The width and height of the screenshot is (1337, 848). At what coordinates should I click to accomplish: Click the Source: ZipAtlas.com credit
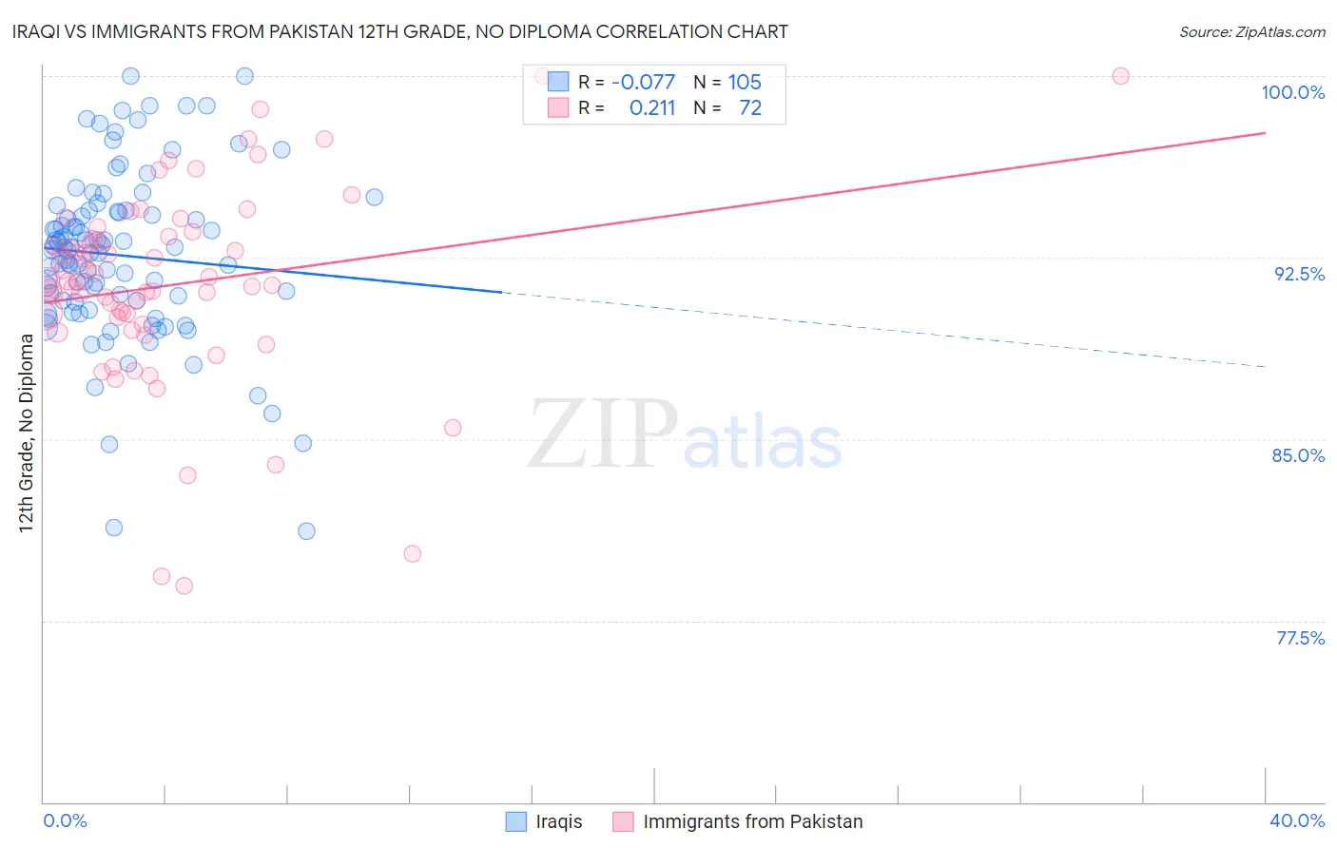(x=1251, y=31)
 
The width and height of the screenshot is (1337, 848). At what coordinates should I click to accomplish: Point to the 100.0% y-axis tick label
(x=1292, y=92)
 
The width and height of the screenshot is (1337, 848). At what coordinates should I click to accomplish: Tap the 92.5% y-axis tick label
(x=1299, y=274)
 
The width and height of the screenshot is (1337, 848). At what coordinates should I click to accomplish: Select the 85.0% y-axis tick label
(x=1298, y=455)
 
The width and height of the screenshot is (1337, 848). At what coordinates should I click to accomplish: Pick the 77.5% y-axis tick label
(x=1300, y=638)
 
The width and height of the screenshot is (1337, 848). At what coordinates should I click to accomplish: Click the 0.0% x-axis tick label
(x=65, y=820)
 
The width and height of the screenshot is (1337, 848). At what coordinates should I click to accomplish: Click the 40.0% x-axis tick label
(x=1297, y=820)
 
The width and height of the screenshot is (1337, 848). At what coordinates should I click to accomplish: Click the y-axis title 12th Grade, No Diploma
(x=27, y=433)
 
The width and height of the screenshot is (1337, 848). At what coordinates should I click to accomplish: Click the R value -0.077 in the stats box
(x=643, y=83)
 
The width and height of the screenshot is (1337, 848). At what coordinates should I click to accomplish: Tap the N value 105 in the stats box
(x=745, y=83)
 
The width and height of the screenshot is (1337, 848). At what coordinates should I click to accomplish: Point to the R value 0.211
(x=652, y=108)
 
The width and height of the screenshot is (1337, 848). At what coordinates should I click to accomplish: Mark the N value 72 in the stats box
(x=750, y=108)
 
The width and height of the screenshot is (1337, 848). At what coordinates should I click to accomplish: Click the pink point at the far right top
(x=1120, y=76)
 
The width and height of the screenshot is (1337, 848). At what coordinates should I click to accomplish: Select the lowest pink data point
(x=184, y=586)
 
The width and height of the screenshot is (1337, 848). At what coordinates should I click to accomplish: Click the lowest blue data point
(x=306, y=530)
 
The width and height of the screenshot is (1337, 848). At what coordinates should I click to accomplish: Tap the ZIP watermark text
(x=603, y=434)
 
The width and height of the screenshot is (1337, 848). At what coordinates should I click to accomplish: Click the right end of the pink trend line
(x=1265, y=132)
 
